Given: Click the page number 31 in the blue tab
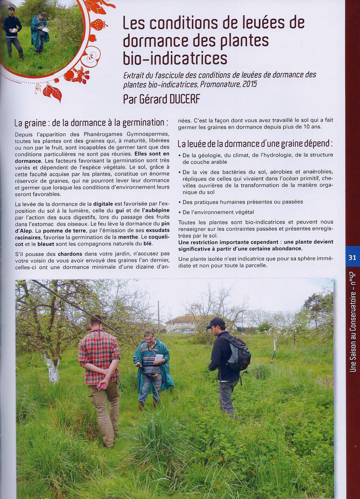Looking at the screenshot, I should pyautogui.click(x=352, y=257).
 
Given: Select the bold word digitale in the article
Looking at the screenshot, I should pyautogui.click(x=103, y=204).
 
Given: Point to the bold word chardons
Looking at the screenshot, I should pyautogui.click(x=70, y=254).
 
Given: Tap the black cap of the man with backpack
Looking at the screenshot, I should pyautogui.click(x=216, y=322).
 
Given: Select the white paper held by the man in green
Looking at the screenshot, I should pyautogui.click(x=158, y=357).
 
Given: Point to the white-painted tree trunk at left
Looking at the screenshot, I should pyautogui.click(x=53, y=369).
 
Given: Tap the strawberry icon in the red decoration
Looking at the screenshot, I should pyautogui.click(x=98, y=25).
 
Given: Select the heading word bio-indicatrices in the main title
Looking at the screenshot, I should pyautogui.click(x=175, y=58).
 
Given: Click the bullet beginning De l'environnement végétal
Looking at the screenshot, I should pyautogui.click(x=180, y=212).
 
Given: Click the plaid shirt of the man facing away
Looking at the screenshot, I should pyautogui.click(x=99, y=355).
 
